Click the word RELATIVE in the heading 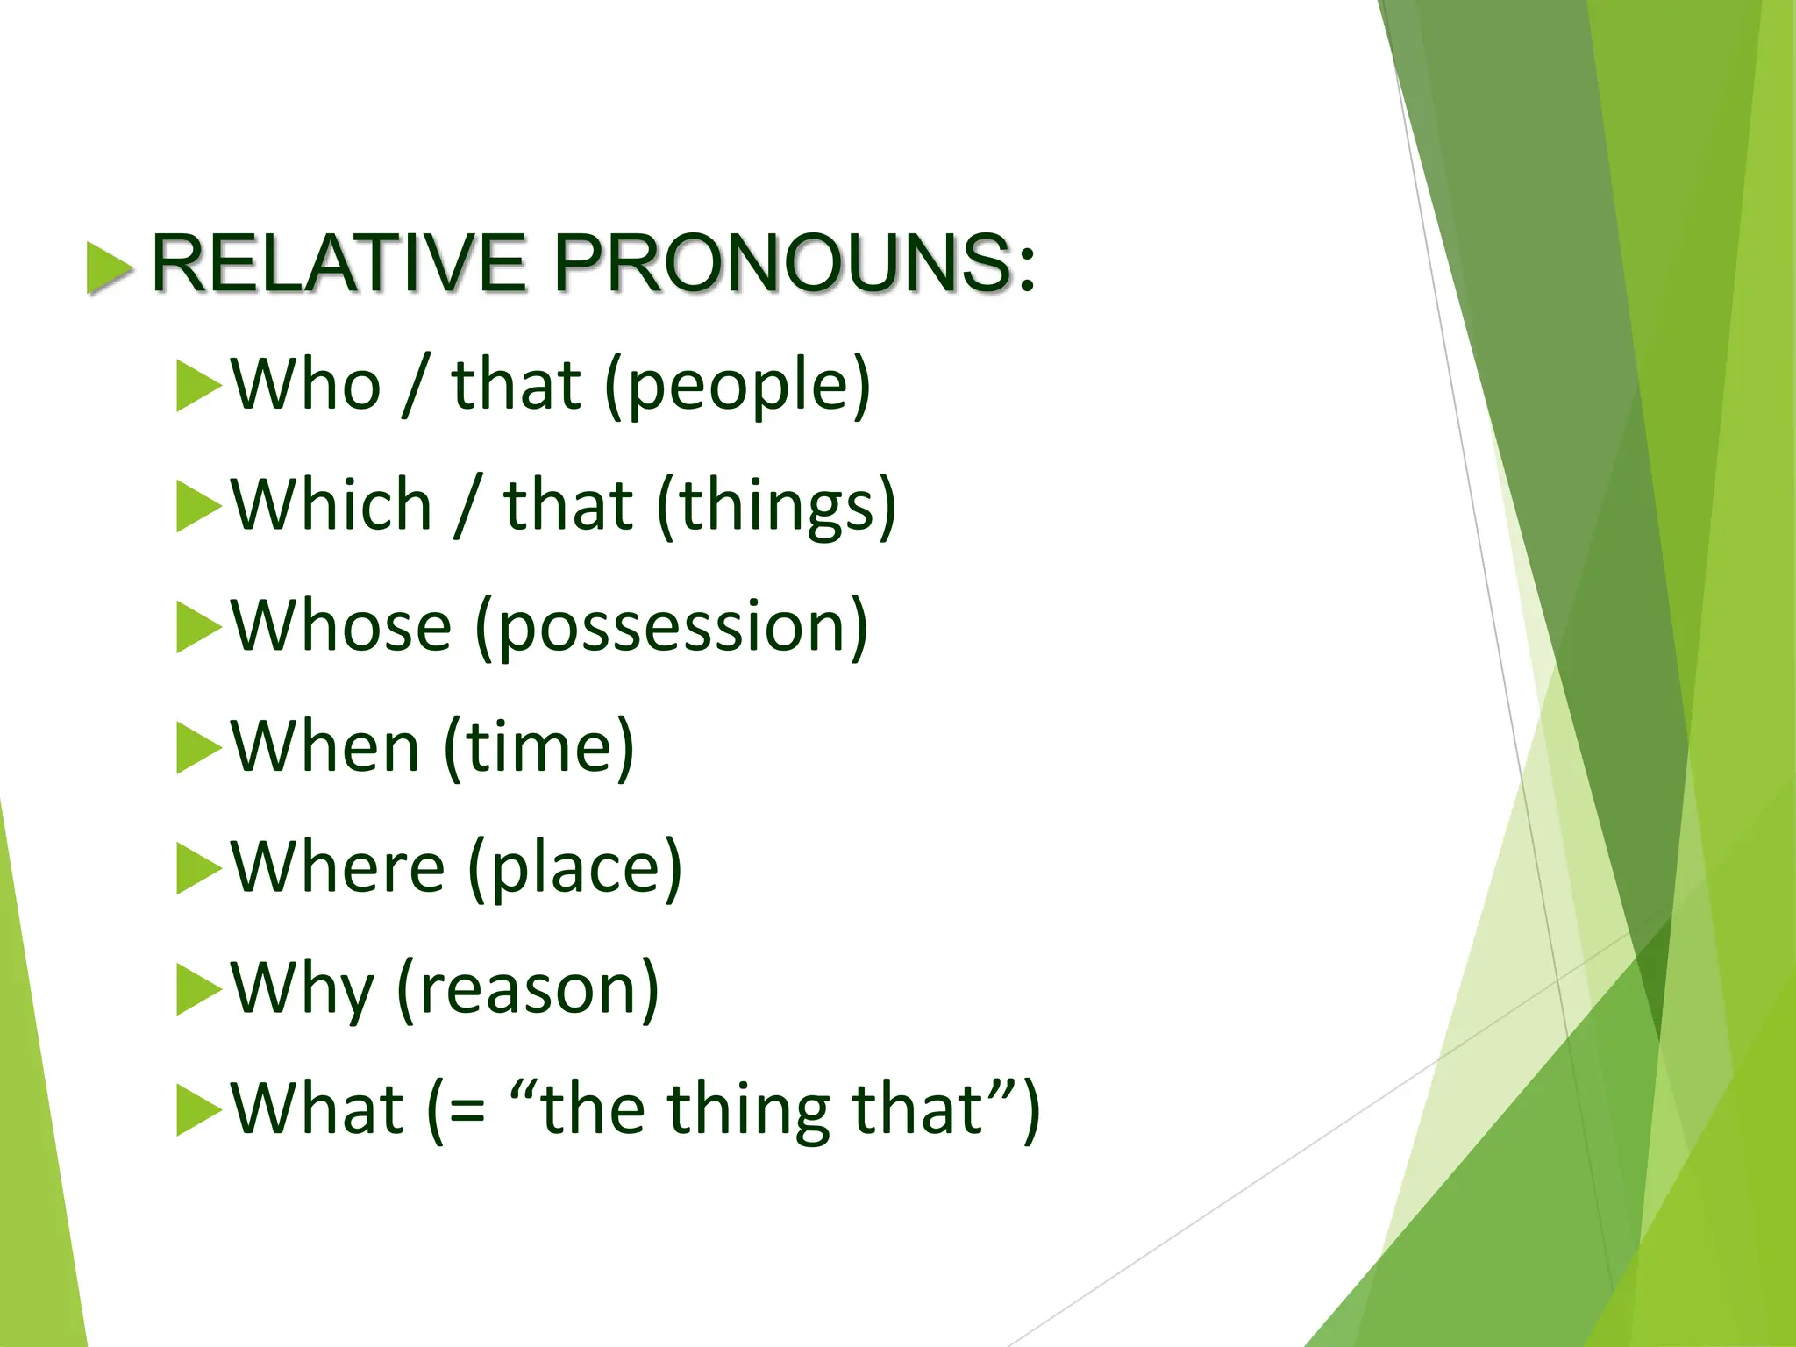pos(339,263)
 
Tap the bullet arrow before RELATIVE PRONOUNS pos(110,267)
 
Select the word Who pos(306,385)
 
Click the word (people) pos(738,387)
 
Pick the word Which pos(331,506)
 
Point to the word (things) pos(777,508)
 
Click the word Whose pos(341,626)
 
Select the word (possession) pos(672,628)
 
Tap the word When pos(325,747)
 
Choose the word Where pos(339,867)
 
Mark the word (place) pos(574,869)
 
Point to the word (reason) pos(528,990)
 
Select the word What pos(317,1109)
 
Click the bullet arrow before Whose pos(198,627)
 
